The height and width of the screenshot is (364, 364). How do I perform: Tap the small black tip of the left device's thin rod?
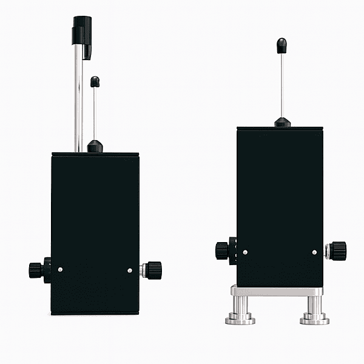pyautogui.click(x=95, y=81)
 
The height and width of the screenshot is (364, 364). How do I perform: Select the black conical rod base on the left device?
pyautogui.click(x=95, y=146)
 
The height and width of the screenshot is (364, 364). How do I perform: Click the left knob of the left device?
pyautogui.click(x=37, y=270)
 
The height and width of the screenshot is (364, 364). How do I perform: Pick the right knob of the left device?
pyautogui.click(x=153, y=269)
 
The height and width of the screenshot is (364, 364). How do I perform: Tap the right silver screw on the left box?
pyautogui.click(x=130, y=270)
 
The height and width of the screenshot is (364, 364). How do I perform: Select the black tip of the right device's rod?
pyautogui.click(x=281, y=45)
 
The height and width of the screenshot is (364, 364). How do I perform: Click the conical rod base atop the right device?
pyautogui.click(x=282, y=123)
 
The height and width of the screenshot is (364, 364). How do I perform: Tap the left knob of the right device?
pyautogui.click(x=223, y=251)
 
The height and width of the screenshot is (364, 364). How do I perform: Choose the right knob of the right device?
pyautogui.click(x=337, y=250)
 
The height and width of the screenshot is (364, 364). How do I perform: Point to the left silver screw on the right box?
pyautogui.click(x=245, y=252)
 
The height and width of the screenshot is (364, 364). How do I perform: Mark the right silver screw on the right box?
pyautogui.click(x=314, y=252)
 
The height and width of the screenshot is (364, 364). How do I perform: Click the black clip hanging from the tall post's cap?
pyautogui.click(x=87, y=50)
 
